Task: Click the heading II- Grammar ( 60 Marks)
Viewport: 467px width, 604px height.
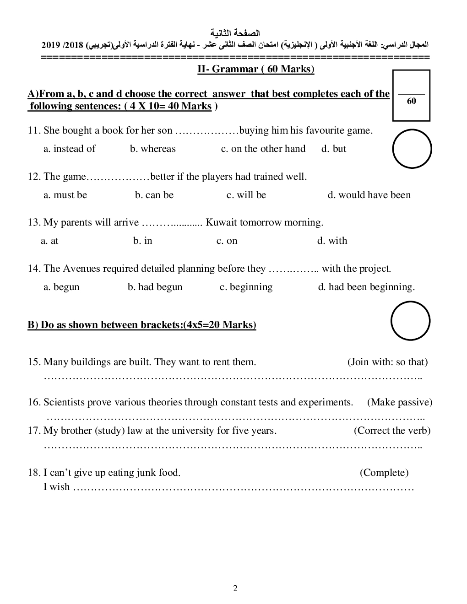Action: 255,69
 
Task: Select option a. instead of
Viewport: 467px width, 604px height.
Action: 70,149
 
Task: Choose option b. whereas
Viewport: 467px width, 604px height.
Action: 152,149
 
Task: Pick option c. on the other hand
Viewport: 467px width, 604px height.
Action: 263,149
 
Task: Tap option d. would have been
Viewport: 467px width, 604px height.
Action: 369,195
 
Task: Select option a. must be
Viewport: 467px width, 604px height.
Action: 65,195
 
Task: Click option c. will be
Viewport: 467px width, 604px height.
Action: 246,195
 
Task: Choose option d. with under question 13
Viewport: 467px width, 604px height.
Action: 332,241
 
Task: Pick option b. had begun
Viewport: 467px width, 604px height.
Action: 155,287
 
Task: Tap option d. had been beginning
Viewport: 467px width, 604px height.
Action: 366,287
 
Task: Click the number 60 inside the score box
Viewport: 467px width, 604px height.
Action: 411,102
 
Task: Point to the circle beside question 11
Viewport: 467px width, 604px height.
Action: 412,149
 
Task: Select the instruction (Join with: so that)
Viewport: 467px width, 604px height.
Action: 387,362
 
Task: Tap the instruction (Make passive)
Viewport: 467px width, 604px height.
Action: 399,402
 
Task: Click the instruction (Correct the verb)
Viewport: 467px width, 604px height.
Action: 392,431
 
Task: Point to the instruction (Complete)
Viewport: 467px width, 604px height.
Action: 384,473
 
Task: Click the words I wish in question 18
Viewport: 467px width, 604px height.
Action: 57,487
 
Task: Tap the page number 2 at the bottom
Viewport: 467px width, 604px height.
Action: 235,588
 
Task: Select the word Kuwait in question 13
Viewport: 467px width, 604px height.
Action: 221,222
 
